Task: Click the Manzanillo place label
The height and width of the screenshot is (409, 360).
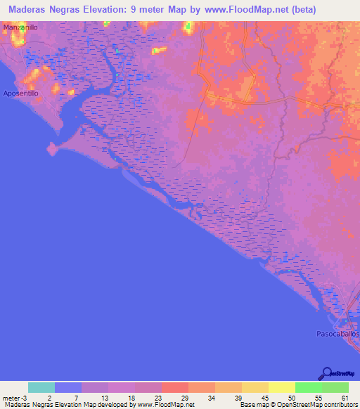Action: point(20,27)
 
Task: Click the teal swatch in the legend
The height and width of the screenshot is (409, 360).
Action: point(41,387)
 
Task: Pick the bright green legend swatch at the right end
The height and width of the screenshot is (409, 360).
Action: point(335,387)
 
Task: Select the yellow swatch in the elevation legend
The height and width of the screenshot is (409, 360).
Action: point(281,387)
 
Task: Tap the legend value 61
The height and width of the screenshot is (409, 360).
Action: point(345,398)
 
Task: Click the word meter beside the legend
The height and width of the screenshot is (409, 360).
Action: point(9,398)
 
